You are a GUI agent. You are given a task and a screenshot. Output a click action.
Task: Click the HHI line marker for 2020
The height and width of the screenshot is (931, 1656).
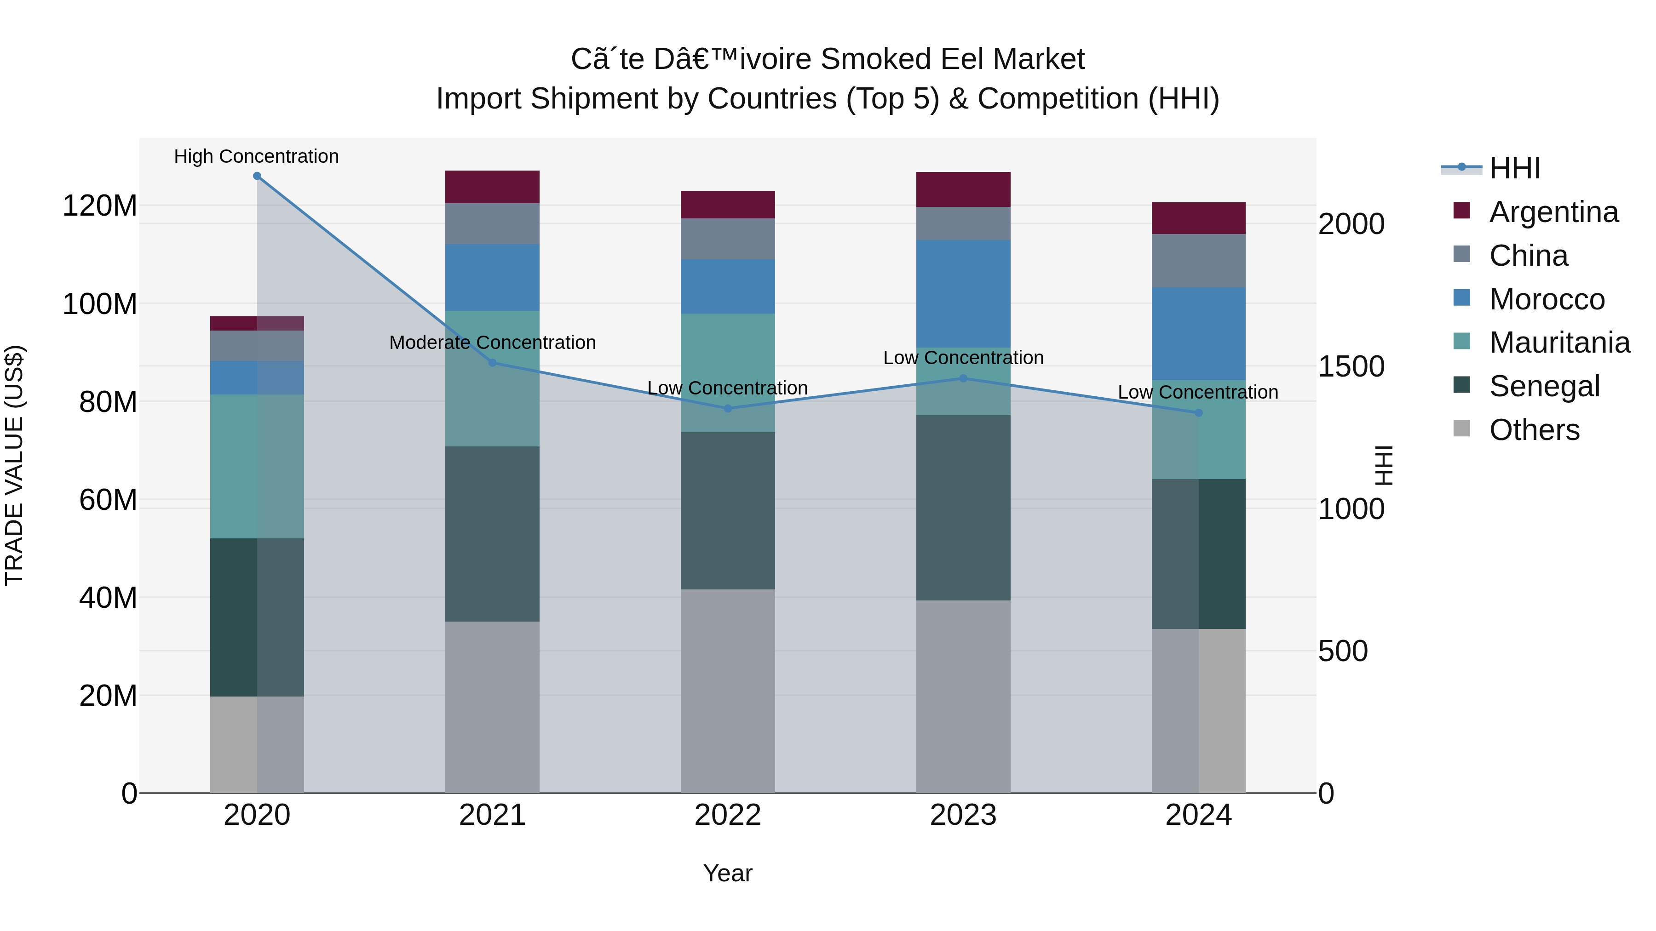click(257, 176)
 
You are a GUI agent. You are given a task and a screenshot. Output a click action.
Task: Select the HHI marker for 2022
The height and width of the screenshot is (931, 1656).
click(728, 409)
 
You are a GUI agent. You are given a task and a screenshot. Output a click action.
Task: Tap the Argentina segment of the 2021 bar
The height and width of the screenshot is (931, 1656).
click(492, 187)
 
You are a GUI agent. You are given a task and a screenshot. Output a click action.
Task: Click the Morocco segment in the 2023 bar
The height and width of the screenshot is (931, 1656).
click(963, 294)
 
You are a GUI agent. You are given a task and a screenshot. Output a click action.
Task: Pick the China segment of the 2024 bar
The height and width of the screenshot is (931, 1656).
click(1198, 260)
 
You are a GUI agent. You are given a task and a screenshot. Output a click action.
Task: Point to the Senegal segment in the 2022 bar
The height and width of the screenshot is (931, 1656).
click(728, 511)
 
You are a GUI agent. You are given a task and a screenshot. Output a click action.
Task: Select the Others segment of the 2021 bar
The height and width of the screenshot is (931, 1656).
click(492, 707)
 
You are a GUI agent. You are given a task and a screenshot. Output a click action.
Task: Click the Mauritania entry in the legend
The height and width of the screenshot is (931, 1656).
click(1559, 343)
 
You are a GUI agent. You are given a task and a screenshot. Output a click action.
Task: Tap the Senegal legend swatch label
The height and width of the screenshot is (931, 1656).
click(1544, 386)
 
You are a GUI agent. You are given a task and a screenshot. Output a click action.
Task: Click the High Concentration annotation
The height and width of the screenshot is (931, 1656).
click(257, 156)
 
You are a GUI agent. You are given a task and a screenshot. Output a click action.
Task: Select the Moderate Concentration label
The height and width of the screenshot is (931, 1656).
click(492, 343)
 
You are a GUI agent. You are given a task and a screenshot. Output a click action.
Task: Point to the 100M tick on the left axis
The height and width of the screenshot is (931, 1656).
click(100, 304)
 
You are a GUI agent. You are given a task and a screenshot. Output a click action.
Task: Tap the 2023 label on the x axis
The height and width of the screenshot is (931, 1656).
click(963, 815)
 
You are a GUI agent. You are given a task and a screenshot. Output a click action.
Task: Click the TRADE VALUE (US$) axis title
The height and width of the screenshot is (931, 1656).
click(14, 465)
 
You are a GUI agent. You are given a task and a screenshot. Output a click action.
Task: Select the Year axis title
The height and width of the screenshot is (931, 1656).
click(728, 873)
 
